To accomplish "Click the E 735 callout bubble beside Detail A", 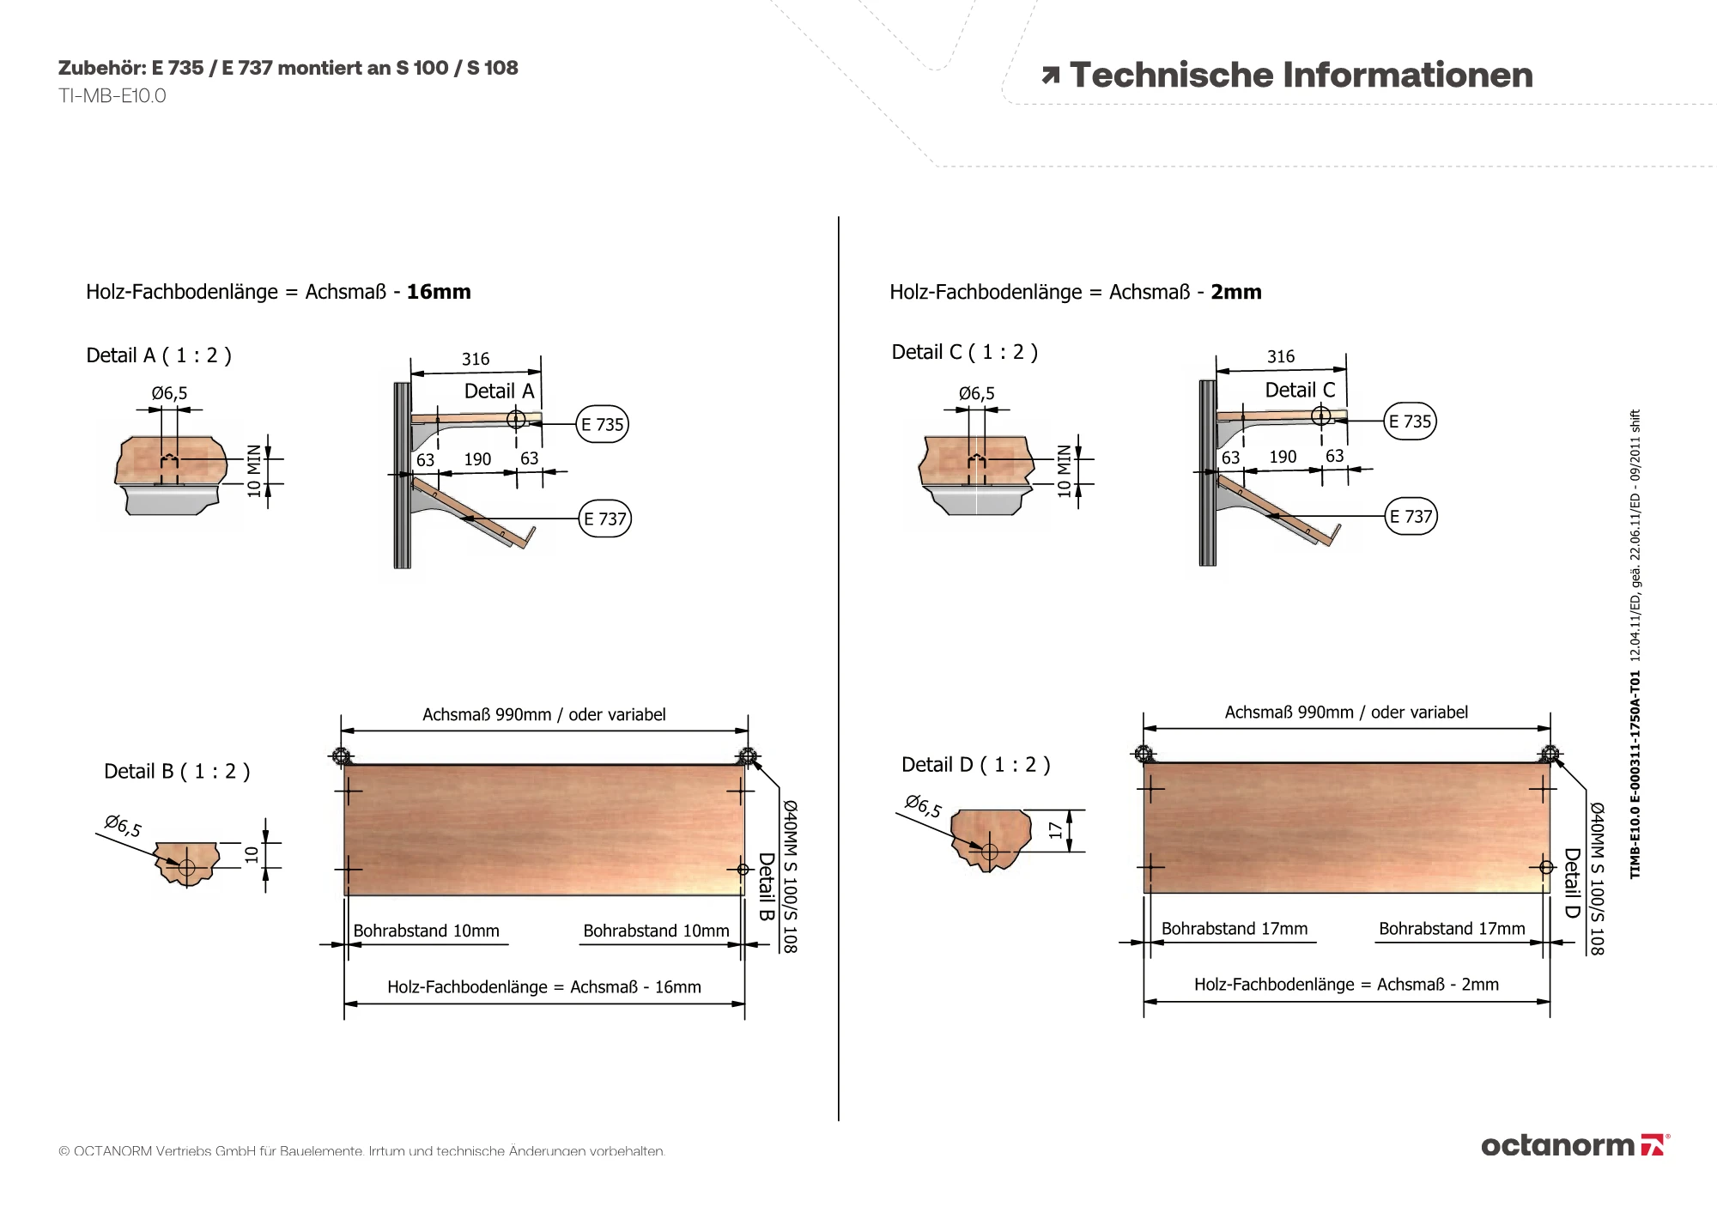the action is (603, 424).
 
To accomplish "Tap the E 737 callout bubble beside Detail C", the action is (1411, 516).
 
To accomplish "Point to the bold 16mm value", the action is (439, 292).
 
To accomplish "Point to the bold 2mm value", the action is (1236, 292).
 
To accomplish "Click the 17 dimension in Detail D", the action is (1055, 830).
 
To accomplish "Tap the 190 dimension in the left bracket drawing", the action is (477, 459).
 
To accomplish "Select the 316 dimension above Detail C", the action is (1281, 356).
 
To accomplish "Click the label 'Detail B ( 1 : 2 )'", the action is (177, 771).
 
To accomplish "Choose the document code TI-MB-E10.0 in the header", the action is (112, 96).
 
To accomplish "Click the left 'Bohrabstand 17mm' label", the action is (1235, 929).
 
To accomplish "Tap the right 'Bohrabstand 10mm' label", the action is (656, 931).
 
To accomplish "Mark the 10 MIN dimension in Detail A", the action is (254, 470).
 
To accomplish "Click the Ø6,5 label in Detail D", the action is (923, 806).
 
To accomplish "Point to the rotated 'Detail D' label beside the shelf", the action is (1572, 883).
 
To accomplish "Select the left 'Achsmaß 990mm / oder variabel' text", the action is (544, 714).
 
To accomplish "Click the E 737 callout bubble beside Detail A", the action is (605, 519).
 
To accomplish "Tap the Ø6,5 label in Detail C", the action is (977, 393).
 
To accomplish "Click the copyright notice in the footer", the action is (361, 1151).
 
